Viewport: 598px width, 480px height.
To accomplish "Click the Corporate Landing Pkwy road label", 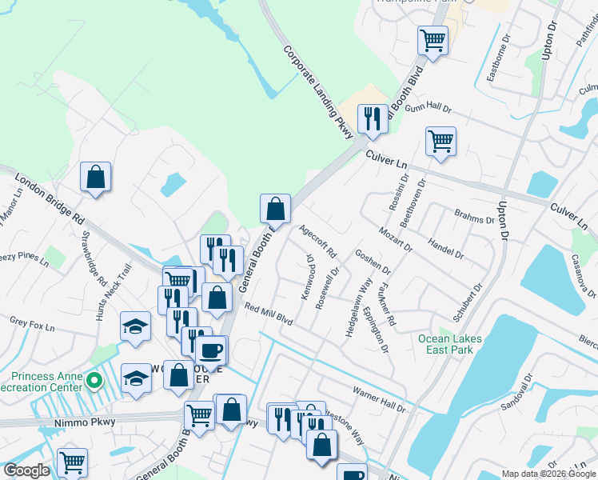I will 318,92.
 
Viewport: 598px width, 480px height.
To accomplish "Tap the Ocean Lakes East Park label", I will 450,344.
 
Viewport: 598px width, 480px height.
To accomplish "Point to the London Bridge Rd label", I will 49,199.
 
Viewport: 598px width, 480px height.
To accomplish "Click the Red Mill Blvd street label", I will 269,314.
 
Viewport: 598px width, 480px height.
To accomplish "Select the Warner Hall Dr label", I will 380,396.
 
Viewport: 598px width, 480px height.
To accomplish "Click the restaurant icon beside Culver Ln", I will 373,119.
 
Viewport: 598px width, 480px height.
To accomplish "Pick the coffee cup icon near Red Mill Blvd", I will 211,350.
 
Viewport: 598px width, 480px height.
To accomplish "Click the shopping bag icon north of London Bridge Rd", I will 95,178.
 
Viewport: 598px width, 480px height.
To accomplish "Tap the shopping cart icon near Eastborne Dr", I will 433,39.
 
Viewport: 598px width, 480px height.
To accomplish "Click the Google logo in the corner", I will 26,470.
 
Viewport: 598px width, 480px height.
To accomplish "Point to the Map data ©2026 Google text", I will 549,474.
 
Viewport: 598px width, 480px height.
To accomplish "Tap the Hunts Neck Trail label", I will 113,293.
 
